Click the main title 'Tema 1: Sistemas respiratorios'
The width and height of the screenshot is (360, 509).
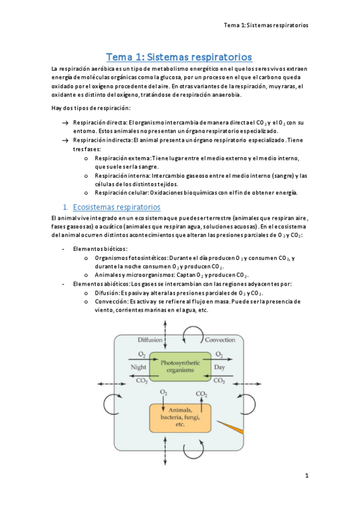point(179,57)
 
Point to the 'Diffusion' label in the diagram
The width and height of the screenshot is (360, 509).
point(150,340)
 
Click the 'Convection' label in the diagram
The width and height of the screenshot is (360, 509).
point(220,340)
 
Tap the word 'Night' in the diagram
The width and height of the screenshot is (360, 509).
point(138,367)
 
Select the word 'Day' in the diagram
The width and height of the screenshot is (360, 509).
point(220,367)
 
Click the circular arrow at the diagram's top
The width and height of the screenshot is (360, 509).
point(195,333)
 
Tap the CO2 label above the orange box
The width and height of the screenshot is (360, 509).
point(201,394)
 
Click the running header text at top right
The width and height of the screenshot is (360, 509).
point(266,25)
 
